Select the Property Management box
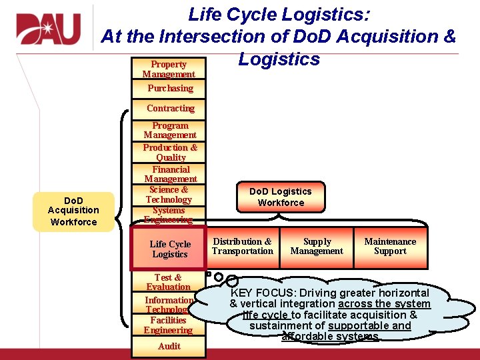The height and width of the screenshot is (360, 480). coord(169,69)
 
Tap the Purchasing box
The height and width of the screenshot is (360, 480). coord(170,88)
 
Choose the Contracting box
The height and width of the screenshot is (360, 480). coord(171,108)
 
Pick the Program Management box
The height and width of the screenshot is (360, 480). coord(170,130)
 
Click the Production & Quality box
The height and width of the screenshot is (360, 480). coord(170,152)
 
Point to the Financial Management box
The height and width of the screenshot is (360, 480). coord(170,174)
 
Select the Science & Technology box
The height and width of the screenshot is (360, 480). coord(169,194)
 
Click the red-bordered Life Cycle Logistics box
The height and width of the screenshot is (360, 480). coord(169,249)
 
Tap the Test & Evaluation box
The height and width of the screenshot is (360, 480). coord(168,282)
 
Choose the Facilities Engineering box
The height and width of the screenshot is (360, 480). coord(168,325)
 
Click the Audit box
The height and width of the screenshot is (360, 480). coord(169,346)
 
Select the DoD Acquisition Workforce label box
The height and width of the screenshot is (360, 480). coord(73,211)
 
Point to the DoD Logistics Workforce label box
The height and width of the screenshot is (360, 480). coord(281,197)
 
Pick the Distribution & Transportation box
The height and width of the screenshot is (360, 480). coord(242,247)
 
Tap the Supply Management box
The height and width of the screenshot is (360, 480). coord(317,247)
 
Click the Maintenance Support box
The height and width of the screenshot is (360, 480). coord(390,247)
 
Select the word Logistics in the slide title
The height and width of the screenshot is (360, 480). coord(279,59)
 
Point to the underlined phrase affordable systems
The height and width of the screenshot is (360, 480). coord(330,337)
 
